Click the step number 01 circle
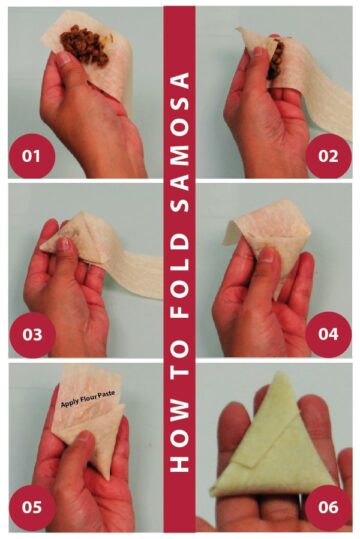[32, 156]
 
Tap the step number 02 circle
[328, 156]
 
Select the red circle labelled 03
[32, 334]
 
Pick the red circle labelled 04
[328, 334]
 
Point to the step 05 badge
[32, 507]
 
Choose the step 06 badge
[328, 507]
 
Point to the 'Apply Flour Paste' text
[88, 399]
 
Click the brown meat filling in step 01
[85, 44]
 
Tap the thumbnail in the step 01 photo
[64, 58]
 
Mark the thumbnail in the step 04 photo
[268, 255]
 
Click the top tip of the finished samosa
[281, 373]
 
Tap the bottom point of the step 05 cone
[108, 479]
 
